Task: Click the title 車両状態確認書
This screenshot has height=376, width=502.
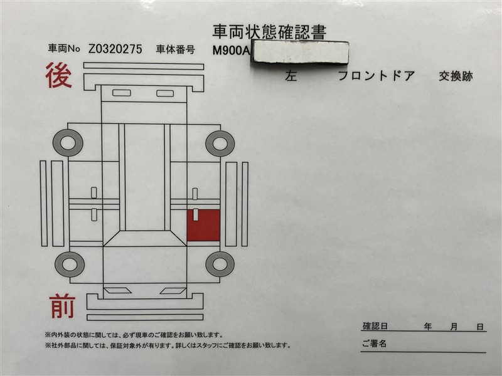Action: [269, 32]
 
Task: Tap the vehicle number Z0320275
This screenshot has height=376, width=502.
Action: [115, 49]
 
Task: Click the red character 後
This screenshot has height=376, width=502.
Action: [58, 75]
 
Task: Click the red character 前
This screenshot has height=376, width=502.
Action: [61, 306]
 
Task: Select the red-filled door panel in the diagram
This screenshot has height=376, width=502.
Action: [203, 225]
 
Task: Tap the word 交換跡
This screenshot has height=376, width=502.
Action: [456, 76]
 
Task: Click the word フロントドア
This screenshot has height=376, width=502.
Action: [376, 76]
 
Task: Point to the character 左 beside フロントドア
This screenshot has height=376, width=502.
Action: [291, 76]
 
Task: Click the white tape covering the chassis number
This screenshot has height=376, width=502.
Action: [301, 51]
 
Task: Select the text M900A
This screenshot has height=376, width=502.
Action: [231, 51]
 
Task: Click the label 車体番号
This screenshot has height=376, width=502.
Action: [176, 50]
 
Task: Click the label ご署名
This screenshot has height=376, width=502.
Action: [374, 343]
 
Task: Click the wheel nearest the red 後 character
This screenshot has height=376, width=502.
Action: [68, 143]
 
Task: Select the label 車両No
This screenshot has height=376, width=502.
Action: [64, 49]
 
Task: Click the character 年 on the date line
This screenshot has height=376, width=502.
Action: [428, 326]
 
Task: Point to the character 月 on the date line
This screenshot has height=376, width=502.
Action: [454, 326]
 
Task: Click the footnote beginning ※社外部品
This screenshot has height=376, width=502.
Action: [168, 345]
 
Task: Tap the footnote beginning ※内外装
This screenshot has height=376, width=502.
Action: [134, 335]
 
